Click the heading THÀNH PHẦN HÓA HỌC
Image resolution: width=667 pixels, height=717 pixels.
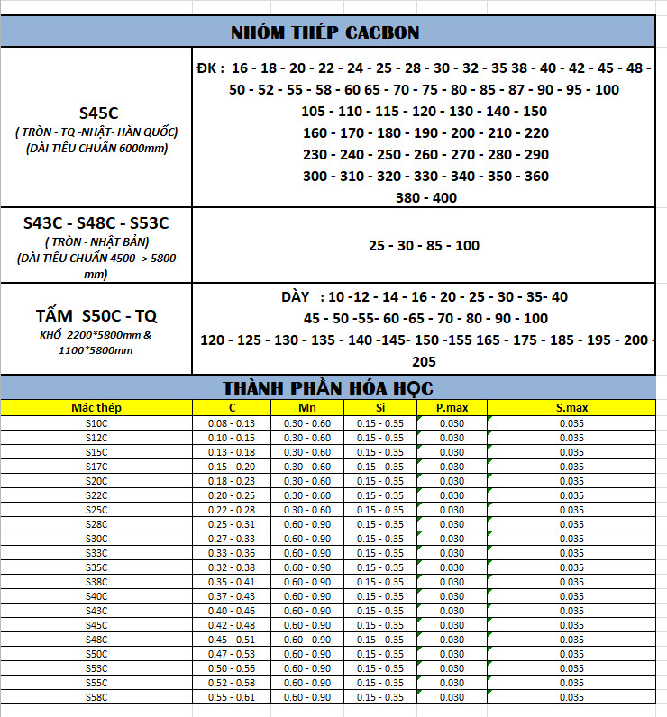coord(328,388)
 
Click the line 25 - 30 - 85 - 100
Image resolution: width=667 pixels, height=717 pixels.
coord(424,245)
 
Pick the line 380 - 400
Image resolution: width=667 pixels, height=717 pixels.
coord(425,197)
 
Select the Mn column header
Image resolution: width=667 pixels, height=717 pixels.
coord(307,408)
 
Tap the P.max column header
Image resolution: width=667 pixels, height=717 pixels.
coord(452,408)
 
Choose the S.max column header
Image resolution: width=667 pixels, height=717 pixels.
coord(571,408)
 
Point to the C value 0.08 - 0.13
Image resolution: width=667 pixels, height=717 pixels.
coord(232,422)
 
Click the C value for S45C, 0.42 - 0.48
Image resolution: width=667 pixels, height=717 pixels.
coord(232,625)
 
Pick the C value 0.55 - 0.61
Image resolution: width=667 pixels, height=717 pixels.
coord(232,697)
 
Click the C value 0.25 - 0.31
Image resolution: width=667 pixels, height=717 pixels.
coord(232,524)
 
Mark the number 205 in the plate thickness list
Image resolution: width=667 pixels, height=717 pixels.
coord(424,361)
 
